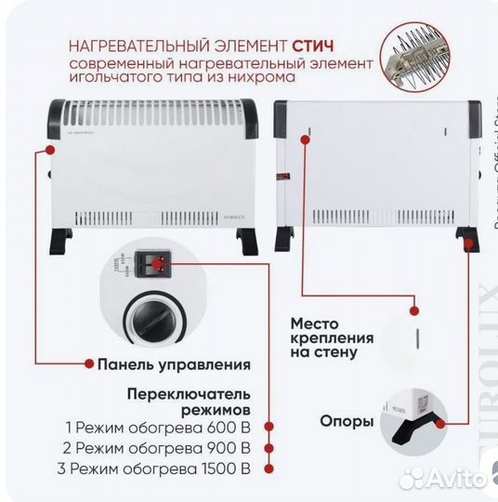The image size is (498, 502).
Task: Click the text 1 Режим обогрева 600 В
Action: pos(158,429)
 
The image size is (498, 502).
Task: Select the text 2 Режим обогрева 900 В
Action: pos(158,448)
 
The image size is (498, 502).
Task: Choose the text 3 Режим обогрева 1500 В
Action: pos(158,468)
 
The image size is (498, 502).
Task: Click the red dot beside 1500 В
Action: pos(268,468)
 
